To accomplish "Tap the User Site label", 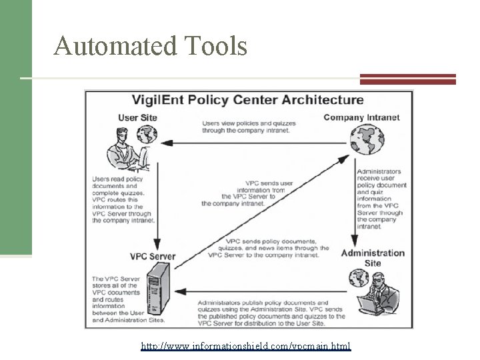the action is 137,118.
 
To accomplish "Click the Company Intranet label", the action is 361,118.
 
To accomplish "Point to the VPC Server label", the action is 153,256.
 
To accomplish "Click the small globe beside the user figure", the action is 147,135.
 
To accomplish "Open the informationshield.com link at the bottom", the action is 246,347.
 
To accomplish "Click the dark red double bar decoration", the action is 408,79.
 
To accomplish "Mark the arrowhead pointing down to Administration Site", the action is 353,241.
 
